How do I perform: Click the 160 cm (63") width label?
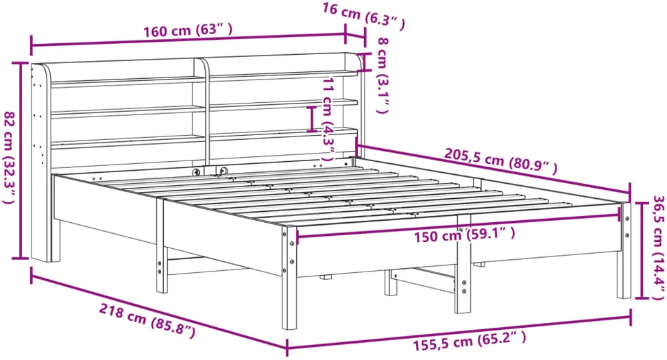[x=188, y=31]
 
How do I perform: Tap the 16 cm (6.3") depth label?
[x=363, y=16]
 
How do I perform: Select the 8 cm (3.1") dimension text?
[x=382, y=75]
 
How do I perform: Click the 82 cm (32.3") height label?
[x=10, y=158]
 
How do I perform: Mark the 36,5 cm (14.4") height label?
[x=657, y=248]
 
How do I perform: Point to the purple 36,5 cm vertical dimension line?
[x=642, y=250]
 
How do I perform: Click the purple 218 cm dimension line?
[x=158, y=309]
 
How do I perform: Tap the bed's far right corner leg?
[x=624, y=251]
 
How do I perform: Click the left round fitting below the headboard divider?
[x=196, y=172]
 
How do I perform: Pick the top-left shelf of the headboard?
[x=128, y=81]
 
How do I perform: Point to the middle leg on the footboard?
[x=463, y=264]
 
